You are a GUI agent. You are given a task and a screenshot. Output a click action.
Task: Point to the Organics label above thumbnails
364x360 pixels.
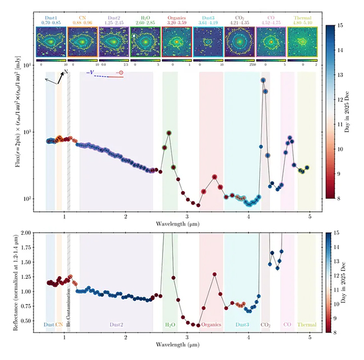[176, 18]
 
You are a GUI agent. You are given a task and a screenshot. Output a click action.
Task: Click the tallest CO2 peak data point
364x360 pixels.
[263, 80]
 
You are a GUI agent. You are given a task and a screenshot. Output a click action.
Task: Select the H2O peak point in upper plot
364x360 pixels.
[169, 133]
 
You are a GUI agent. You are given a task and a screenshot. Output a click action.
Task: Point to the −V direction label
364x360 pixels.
[90, 73]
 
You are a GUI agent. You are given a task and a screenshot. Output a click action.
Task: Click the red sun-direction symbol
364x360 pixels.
[120, 73]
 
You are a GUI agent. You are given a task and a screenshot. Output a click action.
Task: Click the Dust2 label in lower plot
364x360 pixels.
[116, 324]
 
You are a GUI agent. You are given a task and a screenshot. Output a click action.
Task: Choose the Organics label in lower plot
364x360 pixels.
[211, 324]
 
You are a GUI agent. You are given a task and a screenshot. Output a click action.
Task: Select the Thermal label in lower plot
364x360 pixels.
[306, 324]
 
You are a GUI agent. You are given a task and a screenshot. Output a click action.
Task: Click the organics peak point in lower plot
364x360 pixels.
[214, 274]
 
